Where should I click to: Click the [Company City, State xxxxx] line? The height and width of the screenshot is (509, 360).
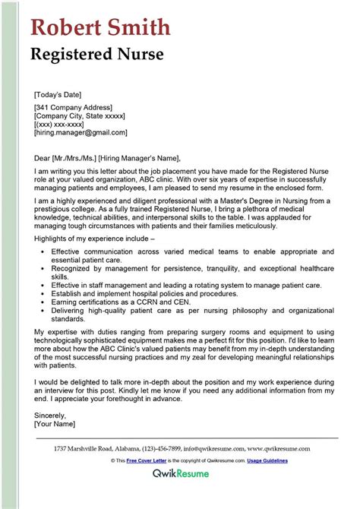(80, 116)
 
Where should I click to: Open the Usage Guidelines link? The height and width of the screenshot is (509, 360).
(281, 460)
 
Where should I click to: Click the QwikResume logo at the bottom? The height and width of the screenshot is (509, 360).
(181, 482)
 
